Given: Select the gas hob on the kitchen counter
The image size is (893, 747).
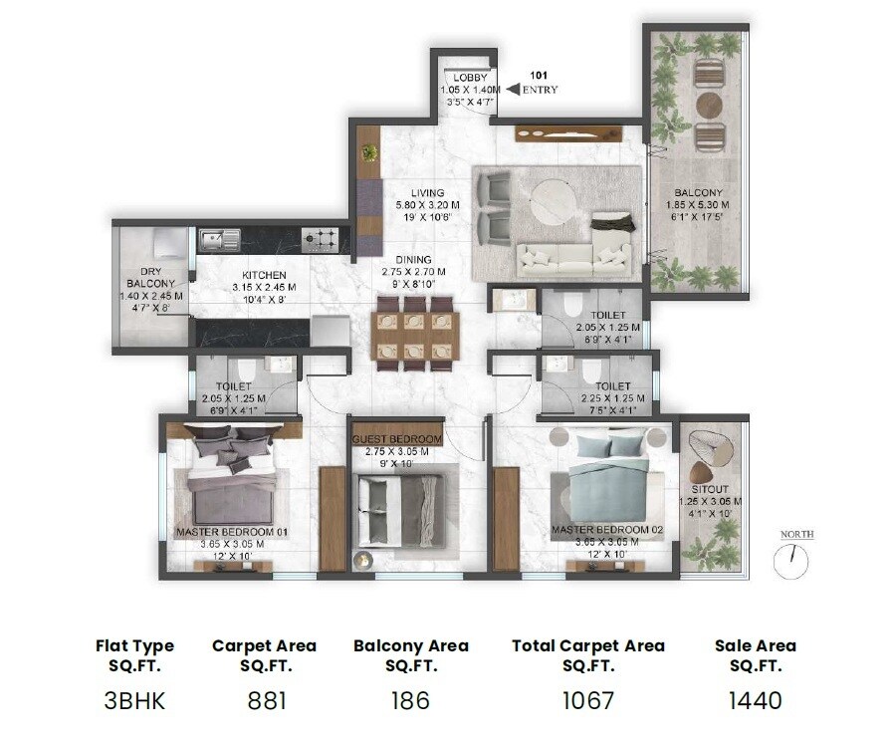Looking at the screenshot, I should coord(320,238).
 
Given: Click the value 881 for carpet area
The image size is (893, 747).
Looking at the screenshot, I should coord(264,699).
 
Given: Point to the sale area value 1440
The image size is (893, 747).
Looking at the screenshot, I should coord(755,699).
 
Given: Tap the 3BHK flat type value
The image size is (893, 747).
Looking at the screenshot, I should coord(134,699).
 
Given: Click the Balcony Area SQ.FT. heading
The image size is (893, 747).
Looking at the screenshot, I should coord(410,655).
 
